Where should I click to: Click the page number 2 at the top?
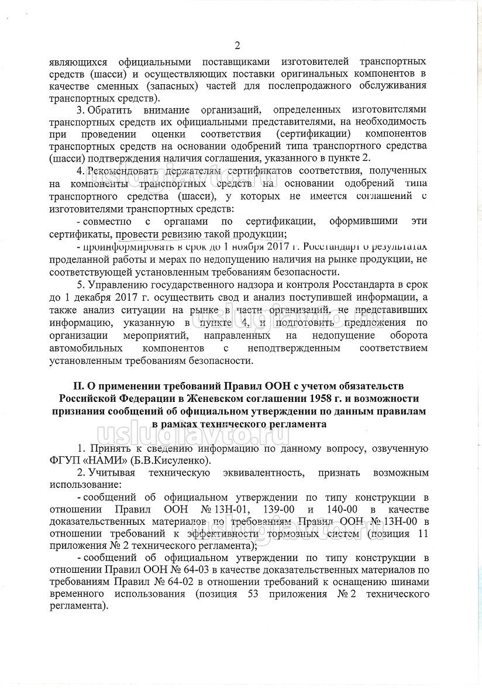pyautogui.click(x=237, y=46)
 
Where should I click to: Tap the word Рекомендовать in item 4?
pyautogui.click(x=123, y=170)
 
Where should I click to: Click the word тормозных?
pyautogui.click(x=307, y=534)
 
